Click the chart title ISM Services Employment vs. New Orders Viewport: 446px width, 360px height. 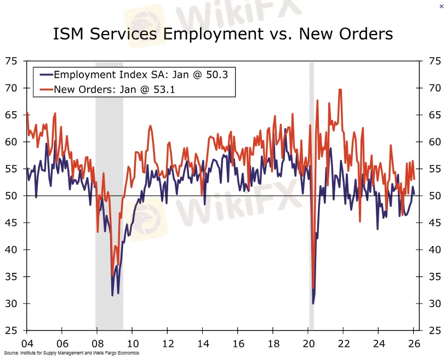223,34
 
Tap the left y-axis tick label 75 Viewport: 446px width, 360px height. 11,61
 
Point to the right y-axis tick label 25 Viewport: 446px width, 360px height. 435,330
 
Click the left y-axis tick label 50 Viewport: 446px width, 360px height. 11,196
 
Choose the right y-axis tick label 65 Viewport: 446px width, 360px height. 435,115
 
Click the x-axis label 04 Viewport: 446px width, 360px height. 26,344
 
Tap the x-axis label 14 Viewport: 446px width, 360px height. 202,344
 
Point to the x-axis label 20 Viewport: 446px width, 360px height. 308,344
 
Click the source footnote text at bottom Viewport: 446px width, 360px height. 71,353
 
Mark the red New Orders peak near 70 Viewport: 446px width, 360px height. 340,90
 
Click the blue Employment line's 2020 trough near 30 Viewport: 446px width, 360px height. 313,302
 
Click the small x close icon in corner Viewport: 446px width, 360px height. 442,6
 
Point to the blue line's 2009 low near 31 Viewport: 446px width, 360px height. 113,295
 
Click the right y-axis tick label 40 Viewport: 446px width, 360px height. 435,249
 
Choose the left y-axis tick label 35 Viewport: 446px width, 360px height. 11,277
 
